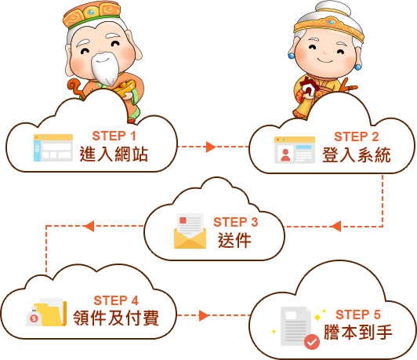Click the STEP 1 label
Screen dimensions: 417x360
tap(114, 136)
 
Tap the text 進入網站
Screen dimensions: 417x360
tap(114, 154)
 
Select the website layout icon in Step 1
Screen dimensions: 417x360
tap(53, 147)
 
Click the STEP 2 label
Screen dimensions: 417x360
tap(357, 136)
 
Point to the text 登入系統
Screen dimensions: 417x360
tap(357, 155)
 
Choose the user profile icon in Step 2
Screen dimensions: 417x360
tap(295, 150)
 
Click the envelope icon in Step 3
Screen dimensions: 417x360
tap(190, 231)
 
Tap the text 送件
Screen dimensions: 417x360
tap(234, 240)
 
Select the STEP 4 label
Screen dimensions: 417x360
tap(116, 300)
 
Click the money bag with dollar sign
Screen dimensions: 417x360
tap(34, 317)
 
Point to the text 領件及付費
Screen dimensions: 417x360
tap(116, 318)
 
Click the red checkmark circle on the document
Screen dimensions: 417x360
tap(312, 342)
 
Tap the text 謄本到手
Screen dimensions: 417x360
tap(358, 332)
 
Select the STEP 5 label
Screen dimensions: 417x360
tap(358, 315)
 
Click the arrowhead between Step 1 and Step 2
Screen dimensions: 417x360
tap(211, 147)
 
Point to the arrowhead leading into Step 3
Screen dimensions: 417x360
tap(336, 227)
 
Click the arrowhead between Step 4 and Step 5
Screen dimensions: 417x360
tap(204, 315)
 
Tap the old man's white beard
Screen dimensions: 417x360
tap(104, 69)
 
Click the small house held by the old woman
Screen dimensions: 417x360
tap(310, 87)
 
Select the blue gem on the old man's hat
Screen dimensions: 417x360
tap(92, 12)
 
